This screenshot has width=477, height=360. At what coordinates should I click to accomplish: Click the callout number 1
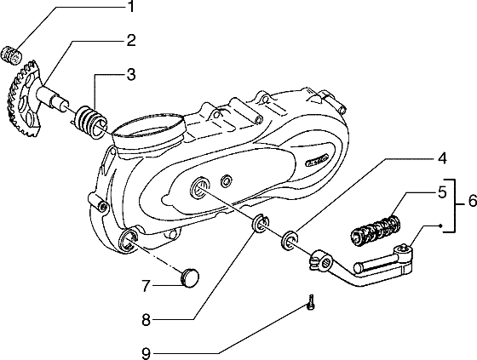point(130,7)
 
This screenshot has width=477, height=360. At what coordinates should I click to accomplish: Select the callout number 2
point(131,41)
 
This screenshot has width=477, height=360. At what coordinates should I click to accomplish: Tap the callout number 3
point(131,75)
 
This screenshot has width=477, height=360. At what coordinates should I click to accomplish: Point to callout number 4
point(442,158)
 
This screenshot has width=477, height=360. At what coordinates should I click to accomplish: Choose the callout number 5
point(442,192)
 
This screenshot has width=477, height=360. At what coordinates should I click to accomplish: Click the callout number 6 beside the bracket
point(473,201)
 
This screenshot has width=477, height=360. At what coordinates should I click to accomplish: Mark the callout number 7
point(147,286)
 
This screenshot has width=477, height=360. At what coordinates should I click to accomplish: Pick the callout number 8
point(147,320)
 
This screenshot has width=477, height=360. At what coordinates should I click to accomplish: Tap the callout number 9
point(147,353)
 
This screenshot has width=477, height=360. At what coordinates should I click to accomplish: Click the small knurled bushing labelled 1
point(12,55)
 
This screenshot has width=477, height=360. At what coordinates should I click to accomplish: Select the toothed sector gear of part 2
point(23,100)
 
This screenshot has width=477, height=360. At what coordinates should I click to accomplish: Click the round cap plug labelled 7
point(189,277)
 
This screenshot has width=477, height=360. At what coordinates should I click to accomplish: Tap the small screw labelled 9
point(311,302)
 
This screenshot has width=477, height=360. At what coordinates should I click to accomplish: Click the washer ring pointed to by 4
point(290,241)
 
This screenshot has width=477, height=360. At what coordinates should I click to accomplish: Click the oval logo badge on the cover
point(317,160)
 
